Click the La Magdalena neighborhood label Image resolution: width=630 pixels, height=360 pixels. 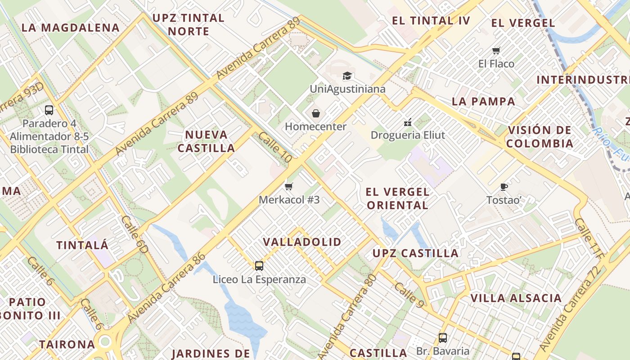coord(71,28)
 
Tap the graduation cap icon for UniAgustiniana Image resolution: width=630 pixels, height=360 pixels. coord(347,76)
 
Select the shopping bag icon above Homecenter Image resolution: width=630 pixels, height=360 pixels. coord(316,113)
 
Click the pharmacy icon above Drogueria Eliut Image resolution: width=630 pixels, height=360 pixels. coord(408,122)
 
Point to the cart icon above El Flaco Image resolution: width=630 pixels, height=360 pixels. coord(496,50)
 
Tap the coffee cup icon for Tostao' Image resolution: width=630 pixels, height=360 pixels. coord(504,187)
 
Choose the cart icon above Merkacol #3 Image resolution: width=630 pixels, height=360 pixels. coord(289,186)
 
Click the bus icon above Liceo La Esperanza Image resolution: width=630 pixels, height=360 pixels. coord(259,265)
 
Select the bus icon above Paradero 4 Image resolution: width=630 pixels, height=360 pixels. coord(49,110)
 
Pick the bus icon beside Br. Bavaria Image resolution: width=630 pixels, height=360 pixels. coord(443,337)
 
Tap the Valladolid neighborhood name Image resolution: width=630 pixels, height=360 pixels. coord(302,242)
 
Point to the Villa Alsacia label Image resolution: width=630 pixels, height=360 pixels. coord(516,298)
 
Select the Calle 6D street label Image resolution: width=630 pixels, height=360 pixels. coord(135,234)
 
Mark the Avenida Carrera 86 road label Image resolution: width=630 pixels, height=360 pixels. coord(167,288)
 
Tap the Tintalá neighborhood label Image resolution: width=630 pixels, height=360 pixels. coord(82,246)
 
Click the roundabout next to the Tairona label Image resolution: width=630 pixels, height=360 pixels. coord(105,342)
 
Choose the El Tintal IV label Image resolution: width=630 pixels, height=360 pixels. coord(431,21)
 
